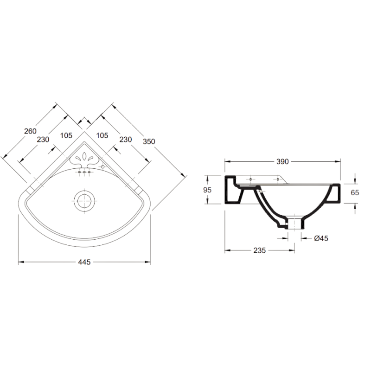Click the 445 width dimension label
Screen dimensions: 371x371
84,262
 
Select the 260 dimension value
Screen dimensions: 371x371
31,131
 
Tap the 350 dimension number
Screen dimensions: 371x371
149,141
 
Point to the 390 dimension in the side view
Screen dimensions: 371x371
283,161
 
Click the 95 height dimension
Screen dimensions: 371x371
207,190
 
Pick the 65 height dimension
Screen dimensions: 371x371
355,192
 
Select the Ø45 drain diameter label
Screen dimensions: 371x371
321,238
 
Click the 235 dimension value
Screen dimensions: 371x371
260,250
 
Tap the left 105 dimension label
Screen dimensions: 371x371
66,135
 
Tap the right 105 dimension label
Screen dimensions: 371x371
102,135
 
